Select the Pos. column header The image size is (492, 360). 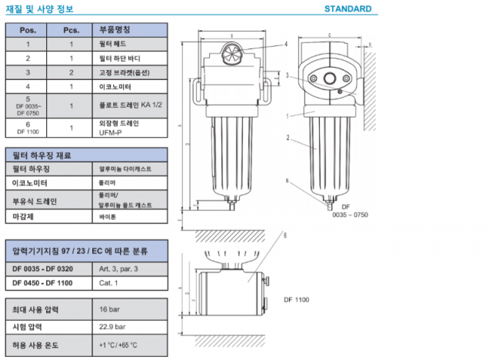(28, 30)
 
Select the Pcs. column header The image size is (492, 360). (71, 30)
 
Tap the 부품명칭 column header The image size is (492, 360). (115, 30)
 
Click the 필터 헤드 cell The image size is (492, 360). (115, 44)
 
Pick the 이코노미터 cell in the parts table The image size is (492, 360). (116, 85)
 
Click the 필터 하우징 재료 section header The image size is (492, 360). (42, 155)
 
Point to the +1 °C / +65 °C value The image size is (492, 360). (119, 344)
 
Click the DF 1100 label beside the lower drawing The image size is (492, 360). (296, 299)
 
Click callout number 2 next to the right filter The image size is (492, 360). (287, 138)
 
